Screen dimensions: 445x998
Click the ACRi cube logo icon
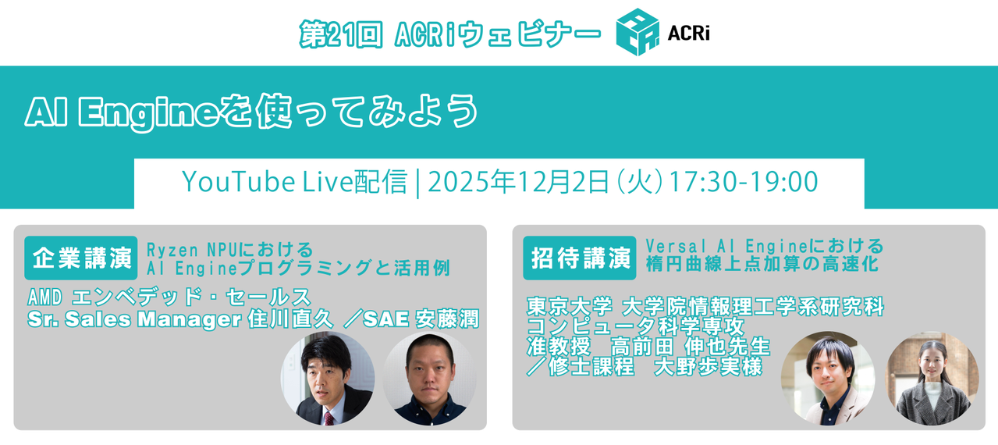coord(637,32)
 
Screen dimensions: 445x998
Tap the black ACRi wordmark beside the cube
coord(688,34)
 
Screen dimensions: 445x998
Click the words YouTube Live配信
coord(294,182)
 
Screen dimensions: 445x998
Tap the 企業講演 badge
coord(81,258)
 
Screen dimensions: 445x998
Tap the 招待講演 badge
coord(580,258)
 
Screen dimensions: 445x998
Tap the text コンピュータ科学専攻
coord(636,326)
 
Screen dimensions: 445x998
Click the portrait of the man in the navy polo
coord(429,379)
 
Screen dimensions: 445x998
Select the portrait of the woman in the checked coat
coord(932,378)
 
